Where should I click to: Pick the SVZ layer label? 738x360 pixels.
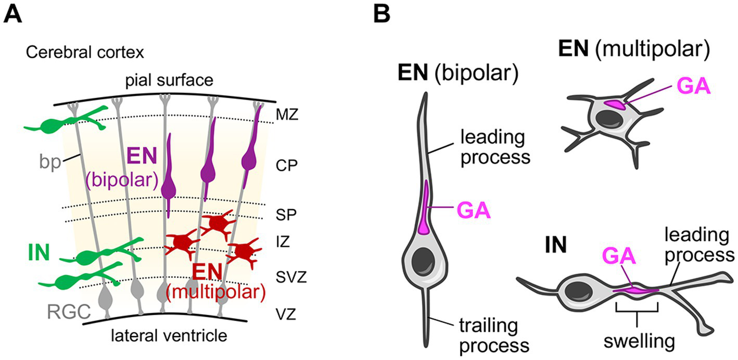point(291,277)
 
